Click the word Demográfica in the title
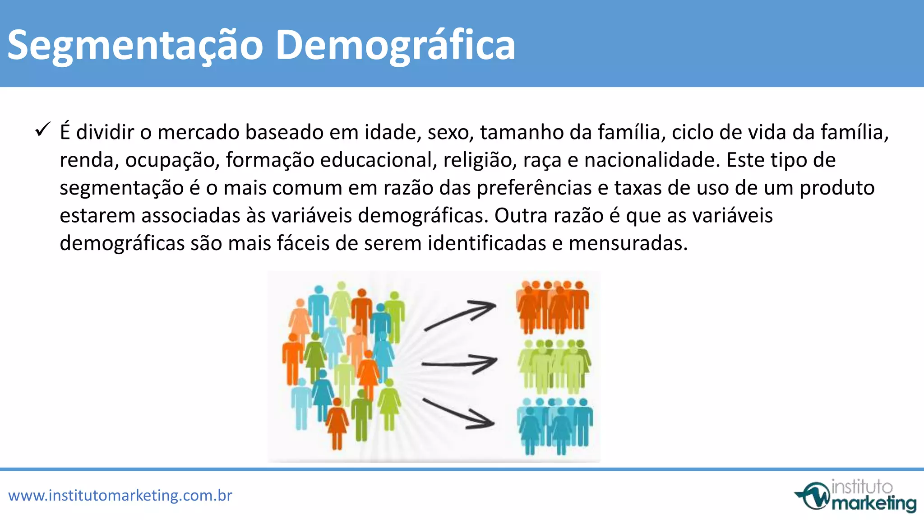(395, 45)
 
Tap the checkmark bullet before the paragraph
(42, 130)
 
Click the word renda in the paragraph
(88, 160)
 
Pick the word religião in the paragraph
(480, 160)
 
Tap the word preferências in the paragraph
(534, 188)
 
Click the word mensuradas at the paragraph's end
(628, 243)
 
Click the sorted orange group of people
(553, 307)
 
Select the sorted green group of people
(554, 366)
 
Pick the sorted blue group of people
(554, 425)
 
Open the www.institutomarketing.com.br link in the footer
(120, 496)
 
